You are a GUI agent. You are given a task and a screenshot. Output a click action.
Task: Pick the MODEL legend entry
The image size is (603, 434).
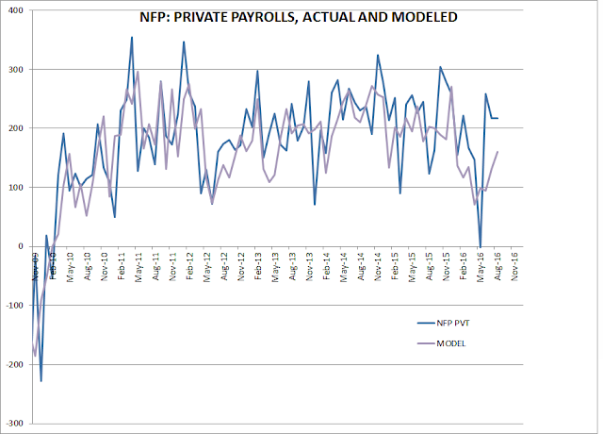click(x=451, y=343)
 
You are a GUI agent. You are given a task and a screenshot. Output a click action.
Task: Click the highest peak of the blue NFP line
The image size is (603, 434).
click(x=132, y=37)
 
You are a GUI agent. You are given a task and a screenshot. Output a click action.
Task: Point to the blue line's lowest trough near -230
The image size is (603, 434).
click(x=41, y=381)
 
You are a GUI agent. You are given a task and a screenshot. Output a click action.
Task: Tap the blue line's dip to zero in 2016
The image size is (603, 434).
click(x=481, y=246)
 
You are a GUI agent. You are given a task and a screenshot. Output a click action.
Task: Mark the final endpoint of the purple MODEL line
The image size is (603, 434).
click(x=497, y=152)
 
